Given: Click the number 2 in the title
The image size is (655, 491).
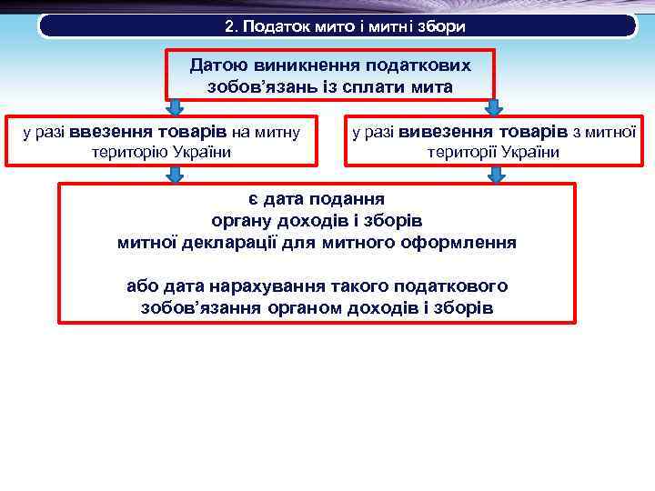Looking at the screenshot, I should coord(230,26).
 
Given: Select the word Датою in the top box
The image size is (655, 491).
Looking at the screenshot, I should coord(215,66).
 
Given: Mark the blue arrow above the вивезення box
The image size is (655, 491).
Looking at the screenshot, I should coord(492,107).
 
